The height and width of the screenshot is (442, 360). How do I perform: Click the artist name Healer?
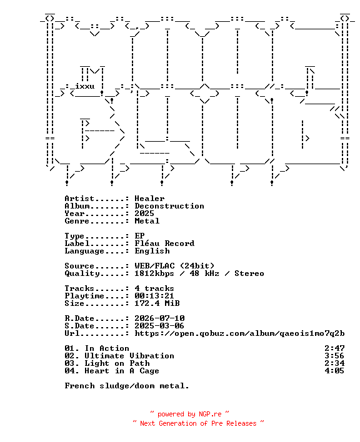[x=149, y=199]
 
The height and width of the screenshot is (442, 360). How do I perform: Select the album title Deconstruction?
[x=169, y=206]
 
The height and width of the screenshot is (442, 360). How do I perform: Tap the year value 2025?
[x=144, y=214]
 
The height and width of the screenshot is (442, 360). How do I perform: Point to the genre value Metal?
[x=147, y=221]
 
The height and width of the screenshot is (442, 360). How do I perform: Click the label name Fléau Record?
[x=164, y=243]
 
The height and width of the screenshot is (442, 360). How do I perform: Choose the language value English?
[x=152, y=251]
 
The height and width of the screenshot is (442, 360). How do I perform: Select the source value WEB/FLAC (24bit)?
[x=174, y=266]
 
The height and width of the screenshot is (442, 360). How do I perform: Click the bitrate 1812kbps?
[x=154, y=273]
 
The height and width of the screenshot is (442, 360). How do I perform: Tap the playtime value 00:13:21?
[x=154, y=296]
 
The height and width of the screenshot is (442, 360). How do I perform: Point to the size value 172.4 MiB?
[x=157, y=303]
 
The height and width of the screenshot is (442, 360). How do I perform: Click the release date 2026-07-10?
[x=159, y=318]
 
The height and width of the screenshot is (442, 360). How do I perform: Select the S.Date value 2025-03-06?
[x=159, y=326]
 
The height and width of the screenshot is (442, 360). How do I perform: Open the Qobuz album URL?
[x=239, y=333]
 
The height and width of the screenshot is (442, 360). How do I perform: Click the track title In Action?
[x=107, y=348]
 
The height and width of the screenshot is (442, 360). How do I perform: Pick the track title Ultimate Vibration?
[x=129, y=356]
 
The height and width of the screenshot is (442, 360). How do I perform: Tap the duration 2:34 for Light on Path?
[x=334, y=363]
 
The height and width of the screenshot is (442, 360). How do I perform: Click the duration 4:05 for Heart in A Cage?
[x=334, y=371]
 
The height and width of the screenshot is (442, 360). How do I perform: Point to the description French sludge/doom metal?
[x=127, y=386]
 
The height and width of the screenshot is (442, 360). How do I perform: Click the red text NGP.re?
[x=210, y=414]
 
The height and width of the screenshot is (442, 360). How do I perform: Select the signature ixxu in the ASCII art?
[x=84, y=86]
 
